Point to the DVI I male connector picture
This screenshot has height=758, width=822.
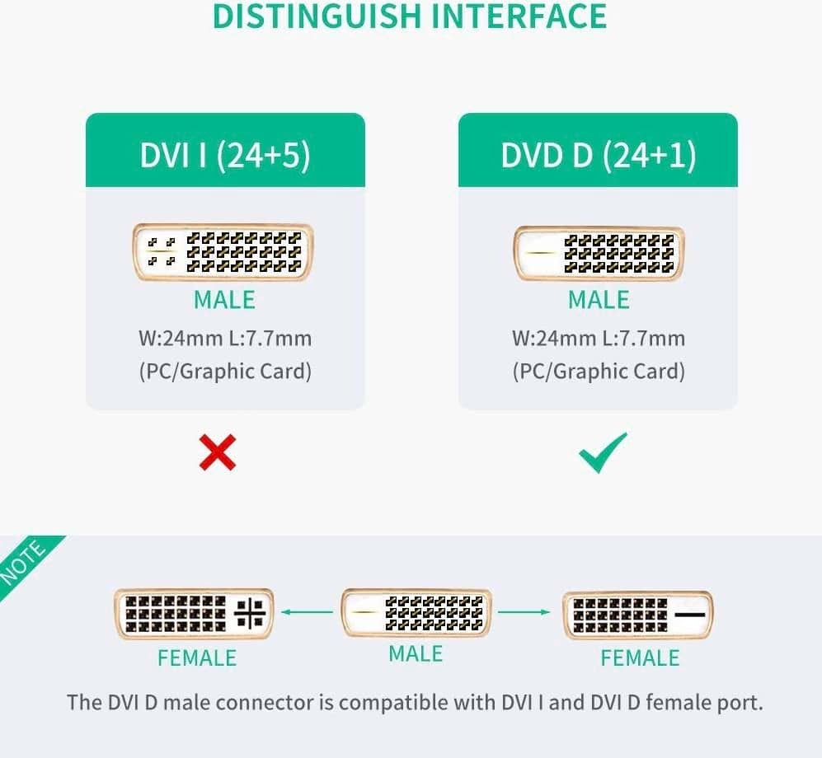pos(223,251)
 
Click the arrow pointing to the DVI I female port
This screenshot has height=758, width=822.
pos(307,612)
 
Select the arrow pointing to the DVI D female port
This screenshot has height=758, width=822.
pos(524,612)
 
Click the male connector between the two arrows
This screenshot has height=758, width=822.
pos(416,613)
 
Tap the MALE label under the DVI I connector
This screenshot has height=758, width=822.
pos(224,301)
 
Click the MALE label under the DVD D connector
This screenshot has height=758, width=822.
pos(599,301)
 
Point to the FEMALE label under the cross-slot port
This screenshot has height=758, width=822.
pos(197,658)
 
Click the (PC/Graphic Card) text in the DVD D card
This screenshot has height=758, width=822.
pos(599,372)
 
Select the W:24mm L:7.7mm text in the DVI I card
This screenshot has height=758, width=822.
pos(224,339)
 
